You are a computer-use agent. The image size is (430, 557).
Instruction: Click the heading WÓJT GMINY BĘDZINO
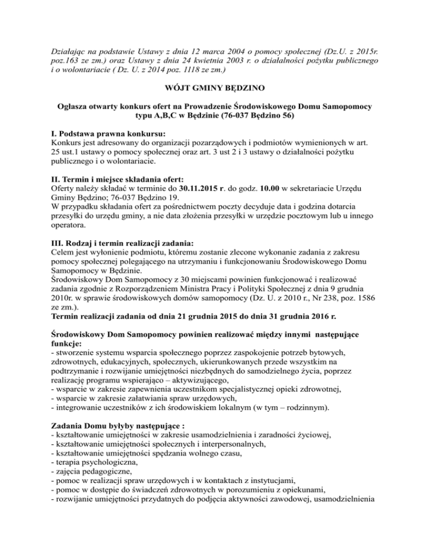pyautogui.click(x=214, y=87)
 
